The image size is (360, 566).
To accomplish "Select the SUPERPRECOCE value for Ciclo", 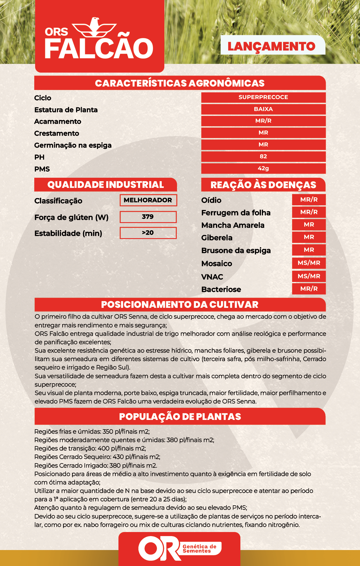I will point(263,97).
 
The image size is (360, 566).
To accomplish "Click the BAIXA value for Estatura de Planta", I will point(263,109).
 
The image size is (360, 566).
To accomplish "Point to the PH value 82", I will point(263,157).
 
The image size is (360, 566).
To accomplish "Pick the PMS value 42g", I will point(263,168).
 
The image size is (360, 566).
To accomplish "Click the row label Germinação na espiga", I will point(73,145).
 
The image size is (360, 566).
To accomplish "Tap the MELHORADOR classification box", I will point(148,200).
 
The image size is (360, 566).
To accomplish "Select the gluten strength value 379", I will point(148,217).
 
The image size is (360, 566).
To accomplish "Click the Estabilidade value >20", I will point(148,233).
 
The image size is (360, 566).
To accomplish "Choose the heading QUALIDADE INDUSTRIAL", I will point(105,185).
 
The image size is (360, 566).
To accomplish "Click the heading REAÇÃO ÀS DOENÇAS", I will point(263,185).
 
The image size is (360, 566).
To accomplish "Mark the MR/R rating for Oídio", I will point(309,200).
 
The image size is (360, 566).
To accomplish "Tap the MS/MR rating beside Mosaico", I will point(309,263).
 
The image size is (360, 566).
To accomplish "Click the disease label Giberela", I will point(217,238).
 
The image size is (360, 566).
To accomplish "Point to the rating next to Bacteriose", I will point(309,289).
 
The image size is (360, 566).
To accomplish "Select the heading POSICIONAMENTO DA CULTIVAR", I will point(180,305).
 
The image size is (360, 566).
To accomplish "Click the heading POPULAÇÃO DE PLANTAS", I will point(180,417).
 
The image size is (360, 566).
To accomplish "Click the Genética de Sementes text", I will point(199,549).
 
